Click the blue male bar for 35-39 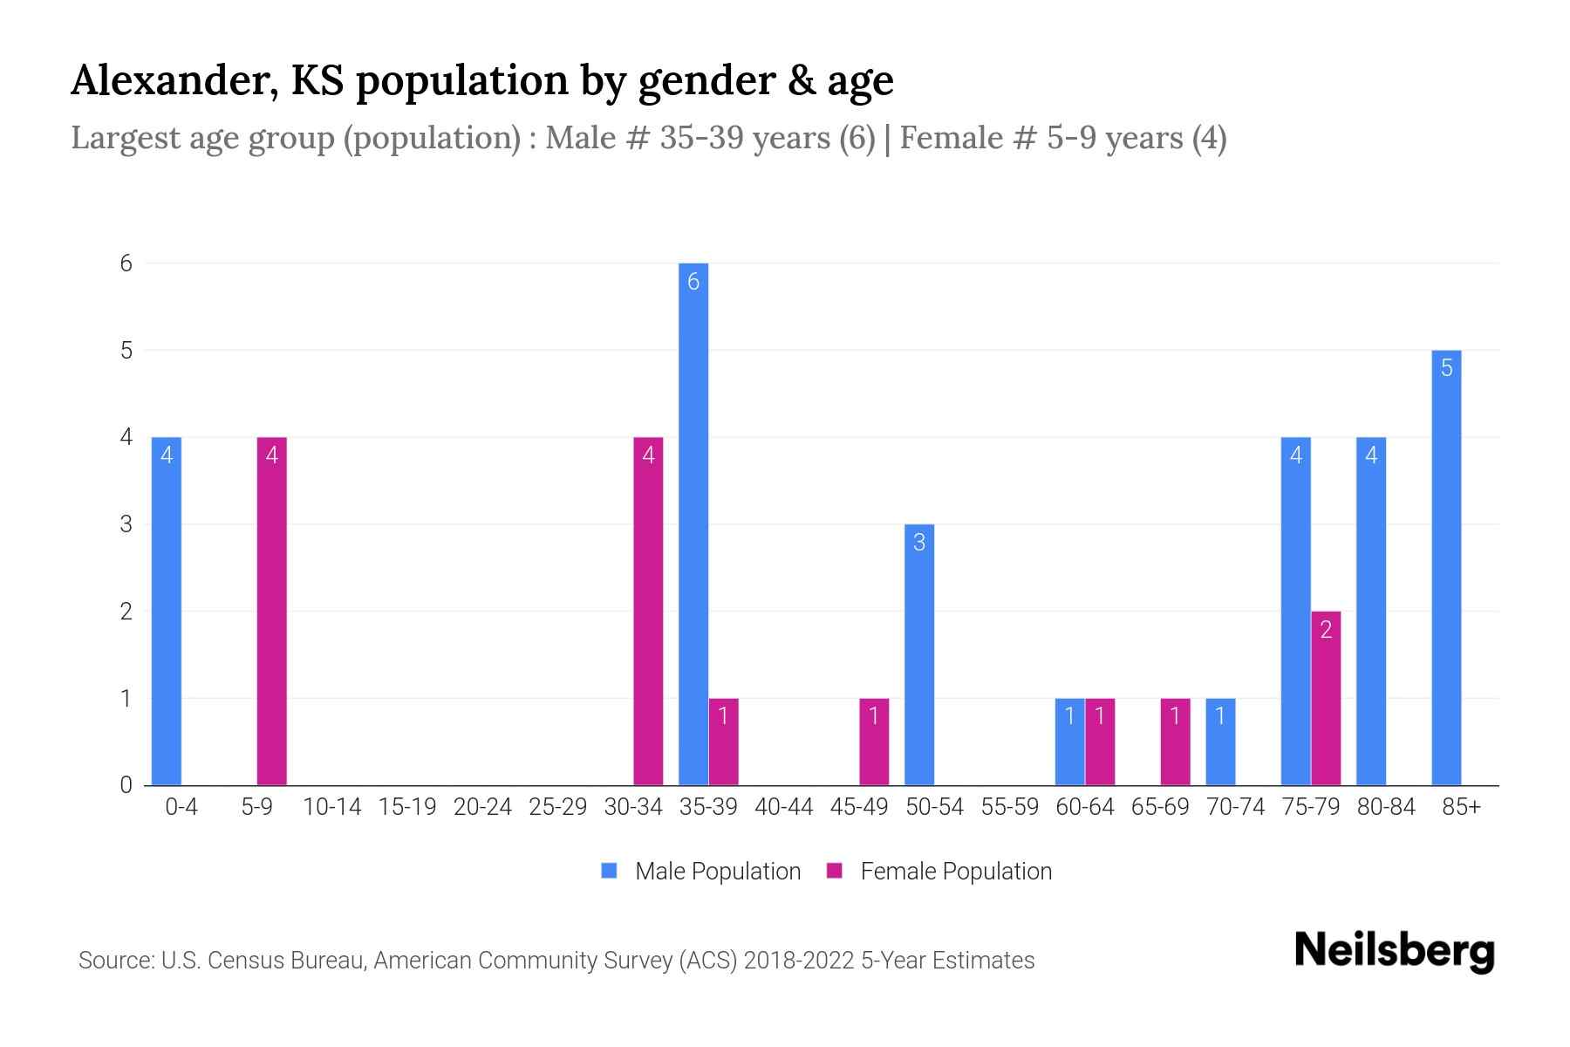[693, 523]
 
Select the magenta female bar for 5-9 [271, 611]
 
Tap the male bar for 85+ [1446, 567]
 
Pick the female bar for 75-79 [1326, 698]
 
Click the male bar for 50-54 [919, 654]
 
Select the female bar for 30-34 [648, 611]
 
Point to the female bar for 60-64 [1100, 742]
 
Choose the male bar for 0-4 [167, 611]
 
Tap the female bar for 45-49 [874, 742]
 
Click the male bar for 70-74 [1220, 742]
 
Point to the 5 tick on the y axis [126, 350]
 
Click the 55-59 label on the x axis [1009, 807]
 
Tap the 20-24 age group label [482, 807]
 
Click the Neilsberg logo [1394, 951]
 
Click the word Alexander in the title [174, 80]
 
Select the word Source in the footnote [114, 961]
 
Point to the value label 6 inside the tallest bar [693, 281]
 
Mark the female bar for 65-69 [1175, 742]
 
